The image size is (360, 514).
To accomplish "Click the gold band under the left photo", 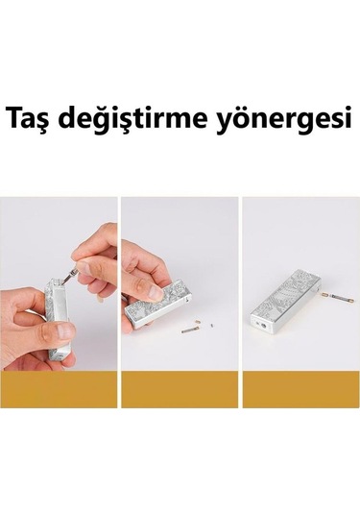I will (x=59, y=390).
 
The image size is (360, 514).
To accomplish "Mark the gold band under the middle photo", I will (x=180, y=390).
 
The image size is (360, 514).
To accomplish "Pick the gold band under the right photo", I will (x=300, y=390).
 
